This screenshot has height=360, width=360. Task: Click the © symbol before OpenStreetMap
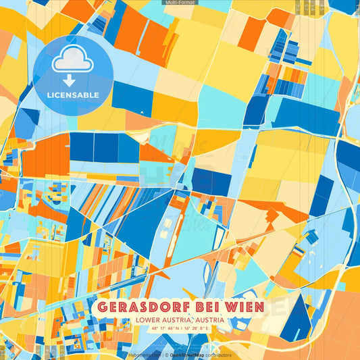click(166, 355)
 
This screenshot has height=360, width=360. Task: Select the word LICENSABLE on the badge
click(72, 95)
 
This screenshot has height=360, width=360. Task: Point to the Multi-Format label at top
click(180, 3)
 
